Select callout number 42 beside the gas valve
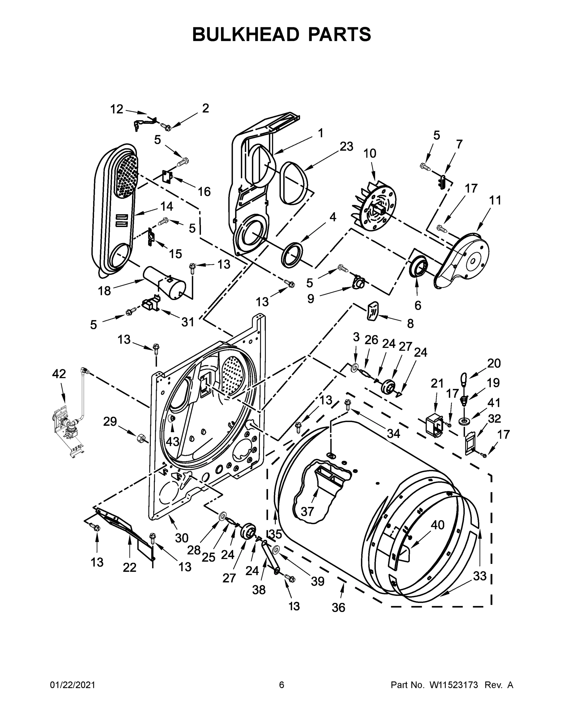[x=59, y=374]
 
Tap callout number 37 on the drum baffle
[x=307, y=511]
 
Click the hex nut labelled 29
[x=140, y=437]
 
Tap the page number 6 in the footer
[x=282, y=685]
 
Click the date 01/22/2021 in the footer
[x=73, y=685]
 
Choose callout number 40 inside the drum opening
[x=438, y=525]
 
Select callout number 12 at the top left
[x=117, y=109]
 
